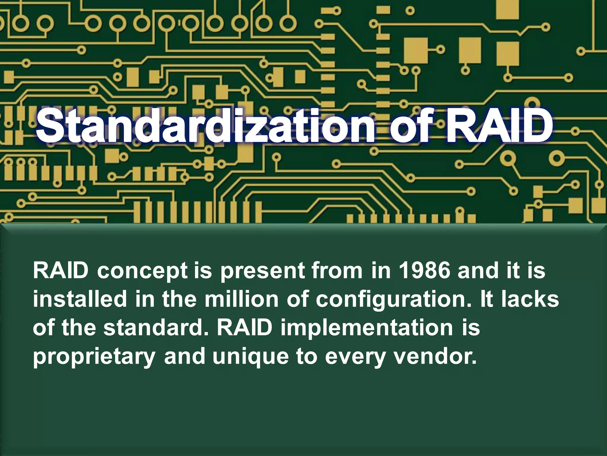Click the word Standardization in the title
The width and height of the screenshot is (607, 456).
click(x=205, y=126)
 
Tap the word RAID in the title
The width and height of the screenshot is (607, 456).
click(x=499, y=126)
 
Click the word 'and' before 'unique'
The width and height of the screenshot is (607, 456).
click(x=185, y=356)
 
